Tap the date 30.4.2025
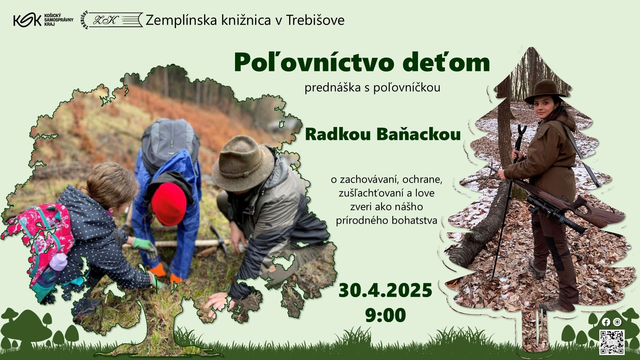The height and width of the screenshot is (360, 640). tap(385, 290)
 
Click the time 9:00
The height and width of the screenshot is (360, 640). tap(385, 315)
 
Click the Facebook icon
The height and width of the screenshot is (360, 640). tap(606, 322)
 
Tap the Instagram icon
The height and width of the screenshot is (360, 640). tap(617, 322)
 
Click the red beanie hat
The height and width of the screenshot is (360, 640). tap(169, 204)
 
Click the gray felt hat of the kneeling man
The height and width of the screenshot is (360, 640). tap(243, 163)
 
